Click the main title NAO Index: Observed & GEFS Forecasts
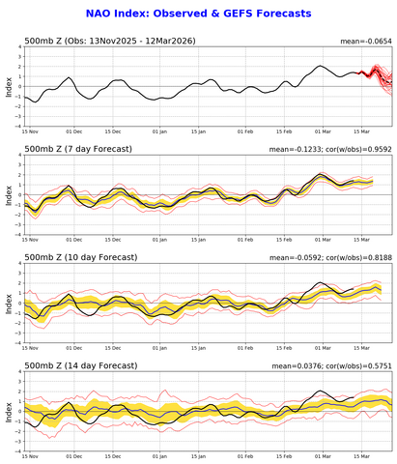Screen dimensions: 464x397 (198, 14)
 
